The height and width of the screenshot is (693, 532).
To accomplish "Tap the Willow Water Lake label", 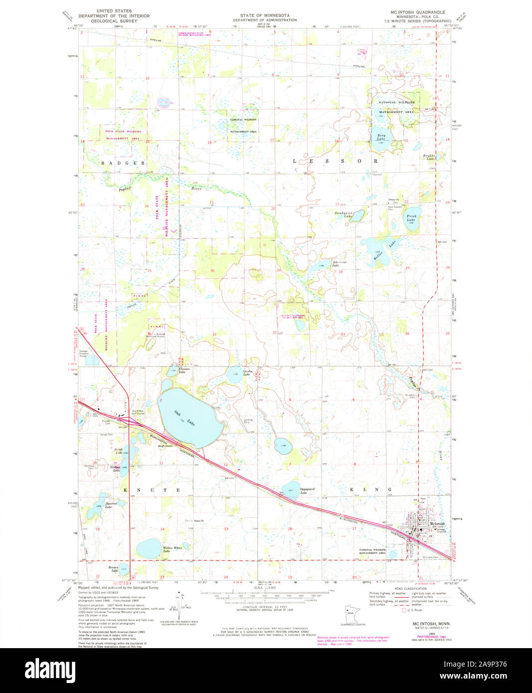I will [173, 550].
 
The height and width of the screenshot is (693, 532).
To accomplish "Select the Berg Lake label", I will [381, 137].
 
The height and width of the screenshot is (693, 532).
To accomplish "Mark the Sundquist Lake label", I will [344, 215].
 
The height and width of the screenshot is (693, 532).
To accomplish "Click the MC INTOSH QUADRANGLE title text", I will [418, 11].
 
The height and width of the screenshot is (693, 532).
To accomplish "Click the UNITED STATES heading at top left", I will [114, 10].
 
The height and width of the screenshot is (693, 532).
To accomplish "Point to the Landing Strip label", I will [248, 421].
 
